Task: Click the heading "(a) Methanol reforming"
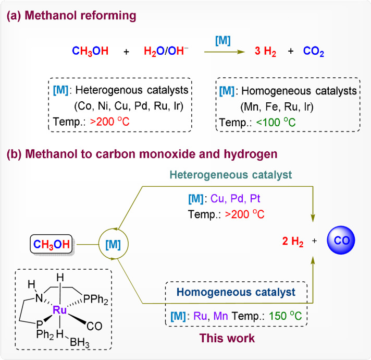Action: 71,16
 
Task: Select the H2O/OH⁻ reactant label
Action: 166,52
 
